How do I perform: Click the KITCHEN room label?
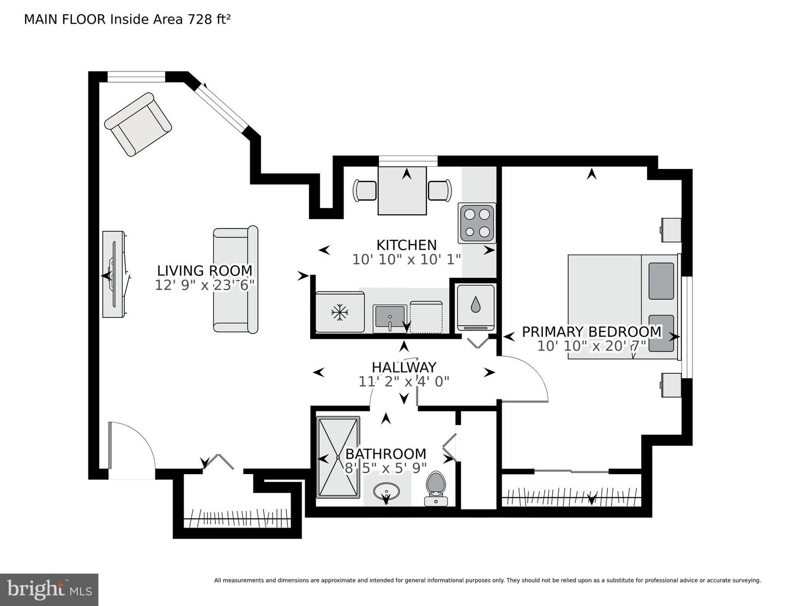[x=407, y=245]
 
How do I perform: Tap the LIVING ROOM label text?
[x=204, y=270]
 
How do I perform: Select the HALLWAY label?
[x=404, y=367]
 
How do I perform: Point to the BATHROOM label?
[x=386, y=453]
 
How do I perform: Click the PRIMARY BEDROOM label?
[x=591, y=331]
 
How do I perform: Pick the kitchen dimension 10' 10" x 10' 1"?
[x=407, y=259]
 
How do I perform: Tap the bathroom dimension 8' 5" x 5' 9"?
[x=386, y=469]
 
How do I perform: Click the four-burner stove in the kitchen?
[x=476, y=223]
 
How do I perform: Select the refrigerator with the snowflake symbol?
[x=340, y=312]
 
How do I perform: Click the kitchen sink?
[x=390, y=318]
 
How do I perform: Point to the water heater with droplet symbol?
[x=475, y=307]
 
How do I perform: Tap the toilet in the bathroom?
[x=437, y=488]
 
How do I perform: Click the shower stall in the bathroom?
[x=338, y=457]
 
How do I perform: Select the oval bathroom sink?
[x=387, y=492]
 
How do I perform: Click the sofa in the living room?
[x=235, y=280]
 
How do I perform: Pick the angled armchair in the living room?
[x=138, y=124]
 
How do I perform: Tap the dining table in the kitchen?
[x=402, y=191]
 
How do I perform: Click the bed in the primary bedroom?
[x=622, y=307]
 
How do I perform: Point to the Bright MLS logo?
[x=49, y=590]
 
